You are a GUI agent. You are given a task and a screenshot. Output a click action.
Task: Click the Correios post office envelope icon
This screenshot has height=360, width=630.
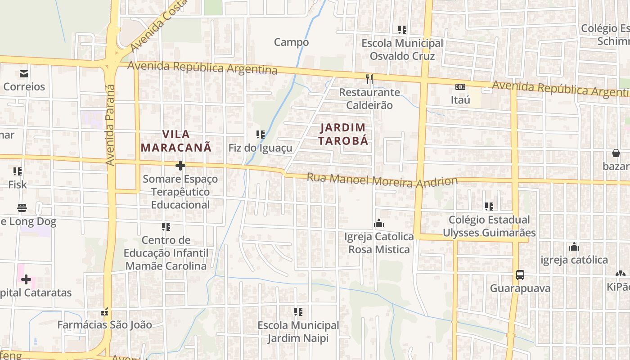click(x=23, y=73)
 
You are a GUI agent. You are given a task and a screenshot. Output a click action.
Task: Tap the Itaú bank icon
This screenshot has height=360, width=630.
click(x=460, y=87)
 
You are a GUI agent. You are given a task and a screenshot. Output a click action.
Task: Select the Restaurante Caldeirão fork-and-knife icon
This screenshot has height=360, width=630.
click(x=369, y=79)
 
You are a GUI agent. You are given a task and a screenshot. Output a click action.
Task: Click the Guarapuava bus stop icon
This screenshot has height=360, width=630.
click(x=520, y=274)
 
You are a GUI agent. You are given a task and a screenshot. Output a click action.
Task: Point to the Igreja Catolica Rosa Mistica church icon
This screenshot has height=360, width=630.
click(x=379, y=223)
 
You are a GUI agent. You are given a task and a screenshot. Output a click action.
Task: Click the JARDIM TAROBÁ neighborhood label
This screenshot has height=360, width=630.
click(x=344, y=134)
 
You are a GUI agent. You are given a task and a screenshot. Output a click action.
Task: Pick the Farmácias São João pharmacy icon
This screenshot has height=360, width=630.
click(x=104, y=311)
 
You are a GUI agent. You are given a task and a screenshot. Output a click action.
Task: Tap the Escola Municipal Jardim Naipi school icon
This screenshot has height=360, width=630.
click(x=298, y=311)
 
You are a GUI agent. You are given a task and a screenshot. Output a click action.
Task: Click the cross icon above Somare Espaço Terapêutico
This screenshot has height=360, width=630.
click(x=180, y=166)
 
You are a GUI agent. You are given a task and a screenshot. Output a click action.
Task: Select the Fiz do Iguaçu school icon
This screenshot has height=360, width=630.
click(x=260, y=134)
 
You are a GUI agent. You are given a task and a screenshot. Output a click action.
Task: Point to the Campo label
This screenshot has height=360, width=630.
click(x=291, y=42)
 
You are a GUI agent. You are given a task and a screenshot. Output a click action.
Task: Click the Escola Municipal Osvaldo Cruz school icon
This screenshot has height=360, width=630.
click(x=402, y=30)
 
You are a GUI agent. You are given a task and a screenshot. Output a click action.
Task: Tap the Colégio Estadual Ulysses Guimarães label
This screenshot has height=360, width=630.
click(x=489, y=226)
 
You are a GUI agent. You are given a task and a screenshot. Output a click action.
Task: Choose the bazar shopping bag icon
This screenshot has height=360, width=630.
click(x=616, y=153)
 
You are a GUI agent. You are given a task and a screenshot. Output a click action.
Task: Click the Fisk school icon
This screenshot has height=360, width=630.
click(x=18, y=171)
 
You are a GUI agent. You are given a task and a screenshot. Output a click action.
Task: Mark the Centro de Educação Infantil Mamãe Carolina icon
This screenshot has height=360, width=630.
click(x=166, y=227)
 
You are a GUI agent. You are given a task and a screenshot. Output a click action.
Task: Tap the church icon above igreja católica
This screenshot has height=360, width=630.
click(x=574, y=247)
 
